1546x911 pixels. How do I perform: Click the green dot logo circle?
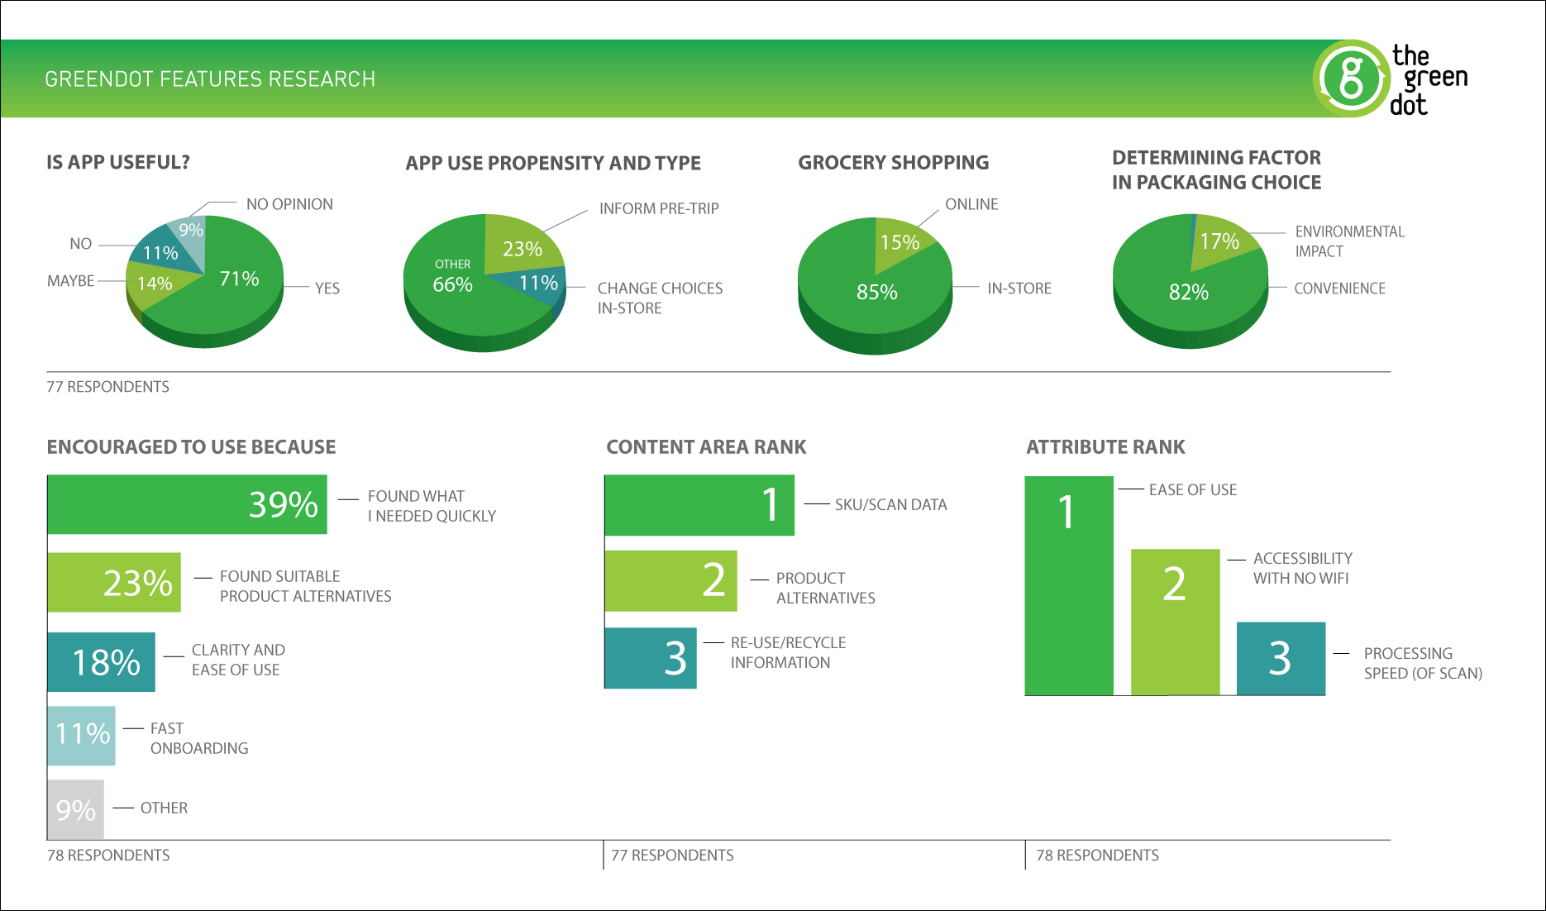tap(1351, 79)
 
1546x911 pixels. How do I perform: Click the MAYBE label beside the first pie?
tap(71, 281)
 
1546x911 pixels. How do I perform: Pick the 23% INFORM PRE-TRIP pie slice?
tap(521, 246)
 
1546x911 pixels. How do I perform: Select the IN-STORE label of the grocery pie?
tap(1019, 289)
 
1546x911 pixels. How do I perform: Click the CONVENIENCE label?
tap(1339, 289)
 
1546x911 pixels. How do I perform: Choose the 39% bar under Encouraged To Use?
tap(188, 504)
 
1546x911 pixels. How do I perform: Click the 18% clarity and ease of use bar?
tap(101, 662)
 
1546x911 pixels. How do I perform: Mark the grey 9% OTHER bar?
tap(75, 809)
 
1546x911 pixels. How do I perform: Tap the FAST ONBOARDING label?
tap(198, 738)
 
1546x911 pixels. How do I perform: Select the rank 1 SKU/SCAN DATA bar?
tap(699, 505)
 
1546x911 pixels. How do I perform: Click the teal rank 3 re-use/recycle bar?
tap(651, 658)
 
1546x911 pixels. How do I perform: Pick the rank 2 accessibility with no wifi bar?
tap(1175, 622)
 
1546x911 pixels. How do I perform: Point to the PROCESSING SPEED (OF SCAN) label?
tap(1423, 663)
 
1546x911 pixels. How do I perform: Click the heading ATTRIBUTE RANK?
tap(1105, 447)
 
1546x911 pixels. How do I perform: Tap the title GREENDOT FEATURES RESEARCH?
tap(210, 79)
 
